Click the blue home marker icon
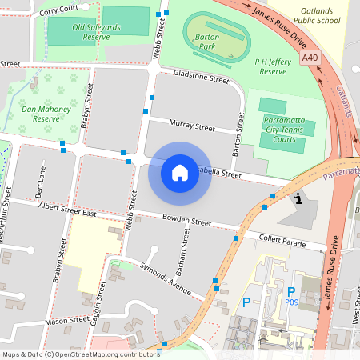pyautogui.click(x=180, y=172)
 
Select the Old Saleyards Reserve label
pyautogui.click(x=102, y=31)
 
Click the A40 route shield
pyautogui.click(x=311, y=59)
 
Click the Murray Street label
pyautogui.click(x=193, y=125)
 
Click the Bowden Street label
pyautogui.click(x=186, y=221)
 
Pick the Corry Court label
pyautogui.click(x=59, y=9)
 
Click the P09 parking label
pyautogui.click(x=292, y=302)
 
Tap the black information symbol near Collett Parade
pyautogui.click(x=298, y=198)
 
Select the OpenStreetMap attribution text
pyautogui.click(x=80, y=354)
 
